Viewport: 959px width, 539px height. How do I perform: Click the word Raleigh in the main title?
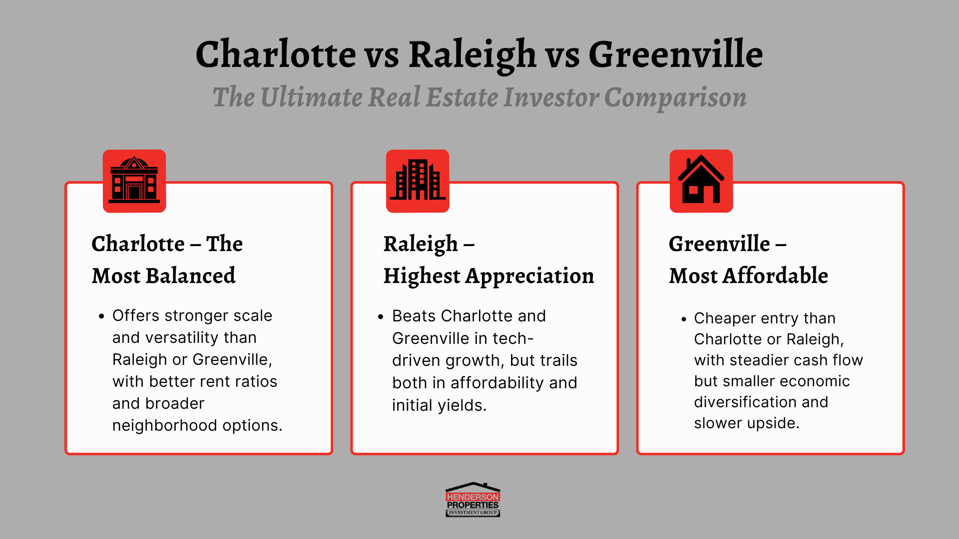[x=472, y=55]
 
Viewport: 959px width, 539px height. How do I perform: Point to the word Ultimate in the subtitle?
[x=311, y=97]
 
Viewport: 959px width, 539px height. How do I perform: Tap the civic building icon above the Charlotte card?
[x=134, y=181]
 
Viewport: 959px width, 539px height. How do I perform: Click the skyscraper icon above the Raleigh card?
[x=418, y=181]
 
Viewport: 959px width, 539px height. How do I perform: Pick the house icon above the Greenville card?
[x=701, y=181]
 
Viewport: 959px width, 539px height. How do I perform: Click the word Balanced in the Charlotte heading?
[x=191, y=275]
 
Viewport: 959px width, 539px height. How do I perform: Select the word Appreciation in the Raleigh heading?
[x=530, y=276]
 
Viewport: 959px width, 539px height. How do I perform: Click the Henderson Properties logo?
[x=473, y=500]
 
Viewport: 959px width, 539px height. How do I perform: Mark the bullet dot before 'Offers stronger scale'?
[x=102, y=316]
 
